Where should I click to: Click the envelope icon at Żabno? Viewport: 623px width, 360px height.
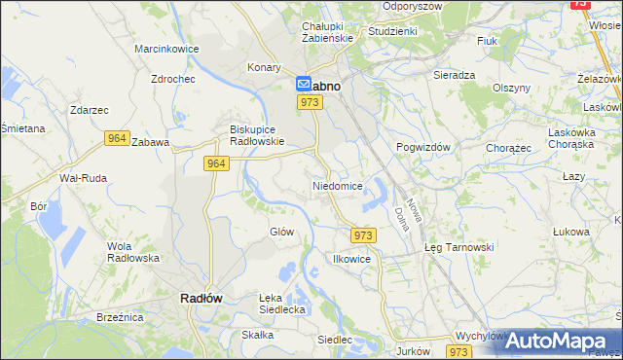(304, 85)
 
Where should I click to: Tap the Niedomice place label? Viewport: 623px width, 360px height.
(338, 185)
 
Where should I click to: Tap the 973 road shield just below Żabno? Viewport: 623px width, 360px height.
(311, 102)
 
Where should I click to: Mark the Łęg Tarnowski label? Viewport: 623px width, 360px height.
(459, 247)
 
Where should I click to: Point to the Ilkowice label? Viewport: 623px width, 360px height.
(351, 260)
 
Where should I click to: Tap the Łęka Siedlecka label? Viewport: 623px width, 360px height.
(282, 303)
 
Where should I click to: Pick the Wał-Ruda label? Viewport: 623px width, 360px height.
(84, 178)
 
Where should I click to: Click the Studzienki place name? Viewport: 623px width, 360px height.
(392, 31)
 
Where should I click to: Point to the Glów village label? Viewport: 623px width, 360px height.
(281, 232)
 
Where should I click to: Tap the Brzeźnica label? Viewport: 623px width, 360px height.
(121, 317)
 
